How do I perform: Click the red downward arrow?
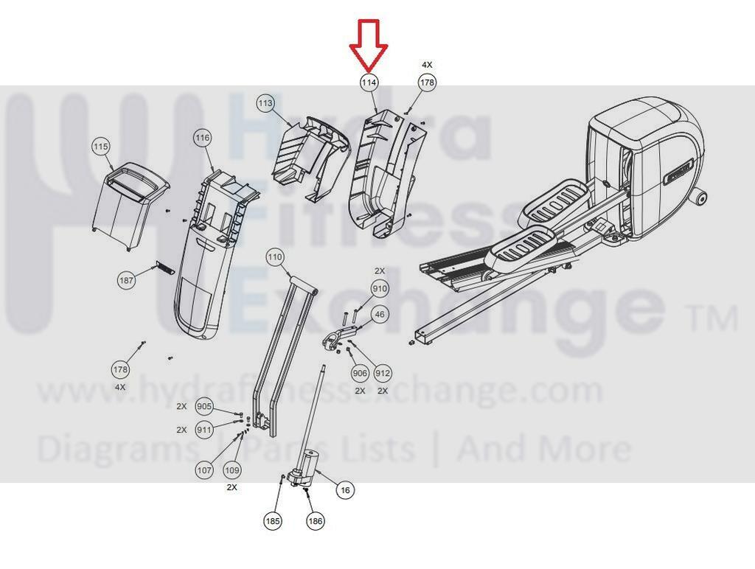tap(369, 46)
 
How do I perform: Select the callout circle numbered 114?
tap(369, 83)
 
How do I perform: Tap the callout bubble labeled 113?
tap(265, 103)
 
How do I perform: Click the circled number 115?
tap(101, 147)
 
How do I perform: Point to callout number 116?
tap(202, 138)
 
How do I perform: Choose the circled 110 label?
tap(274, 257)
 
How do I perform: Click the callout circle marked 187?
tap(126, 279)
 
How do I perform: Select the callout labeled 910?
tap(380, 289)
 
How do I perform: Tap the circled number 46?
tap(380, 314)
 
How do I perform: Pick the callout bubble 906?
tap(360, 373)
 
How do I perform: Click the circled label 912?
tap(383, 373)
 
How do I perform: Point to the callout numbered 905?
tap(204, 407)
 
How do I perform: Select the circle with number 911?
tap(204, 430)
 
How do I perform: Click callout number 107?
tap(204, 469)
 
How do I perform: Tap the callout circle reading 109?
tap(232, 469)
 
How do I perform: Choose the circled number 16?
tap(345, 491)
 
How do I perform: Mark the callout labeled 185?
tap(273, 521)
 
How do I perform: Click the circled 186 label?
tap(315, 521)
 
